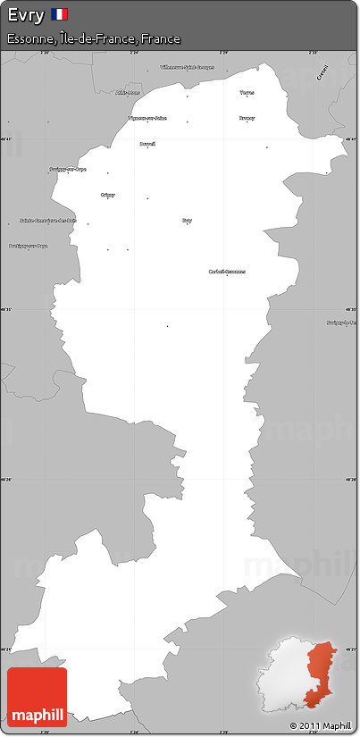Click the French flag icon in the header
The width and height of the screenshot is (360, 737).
(60, 13)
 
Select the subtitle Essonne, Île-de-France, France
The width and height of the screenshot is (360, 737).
(93, 39)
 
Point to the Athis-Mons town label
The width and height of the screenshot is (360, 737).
(129, 92)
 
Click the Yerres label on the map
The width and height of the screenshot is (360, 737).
(247, 92)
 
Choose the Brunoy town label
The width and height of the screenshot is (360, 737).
(247, 118)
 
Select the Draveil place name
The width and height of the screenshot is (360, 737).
(147, 143)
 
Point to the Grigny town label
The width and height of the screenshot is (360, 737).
(108, 194)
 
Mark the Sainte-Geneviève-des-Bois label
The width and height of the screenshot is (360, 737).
(48, 221)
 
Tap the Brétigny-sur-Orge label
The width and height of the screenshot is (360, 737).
(28, 246)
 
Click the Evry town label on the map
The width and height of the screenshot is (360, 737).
(187, 220)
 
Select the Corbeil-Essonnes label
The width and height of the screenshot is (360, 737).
(227, 272)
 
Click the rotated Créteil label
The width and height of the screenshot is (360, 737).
(322, 71)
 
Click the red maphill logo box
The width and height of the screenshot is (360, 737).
(37, 697)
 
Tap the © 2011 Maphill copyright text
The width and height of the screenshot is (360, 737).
(321, 724)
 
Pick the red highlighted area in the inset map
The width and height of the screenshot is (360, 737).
(320, 674)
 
